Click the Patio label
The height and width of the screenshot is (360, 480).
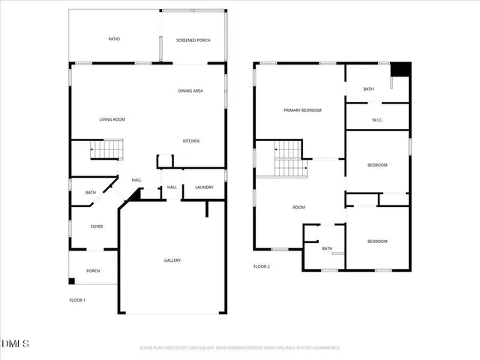[114, 39]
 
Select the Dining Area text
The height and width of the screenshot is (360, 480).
[190, 91]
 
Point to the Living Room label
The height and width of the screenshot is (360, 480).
[112, 119]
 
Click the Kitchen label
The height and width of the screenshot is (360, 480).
[191, 141]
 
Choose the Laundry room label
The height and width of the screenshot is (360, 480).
[204, 187]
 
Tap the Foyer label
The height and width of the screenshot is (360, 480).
[97, 226]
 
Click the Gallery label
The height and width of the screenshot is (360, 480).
[172, 260]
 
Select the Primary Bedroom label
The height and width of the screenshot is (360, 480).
[302, 110]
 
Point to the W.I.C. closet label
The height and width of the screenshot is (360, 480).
[378, 120]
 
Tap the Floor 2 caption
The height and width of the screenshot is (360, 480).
[261, 266]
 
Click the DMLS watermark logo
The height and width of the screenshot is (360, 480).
[16, 344]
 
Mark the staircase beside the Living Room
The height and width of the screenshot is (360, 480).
[106, 150]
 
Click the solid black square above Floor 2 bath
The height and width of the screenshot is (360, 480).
[402, 69]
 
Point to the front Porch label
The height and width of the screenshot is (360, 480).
[93, 271]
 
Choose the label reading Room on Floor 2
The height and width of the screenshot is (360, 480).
[298, 208]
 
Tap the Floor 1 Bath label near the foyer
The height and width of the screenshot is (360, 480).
[90, 193]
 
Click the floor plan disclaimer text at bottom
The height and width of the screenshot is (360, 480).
[240, 348]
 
